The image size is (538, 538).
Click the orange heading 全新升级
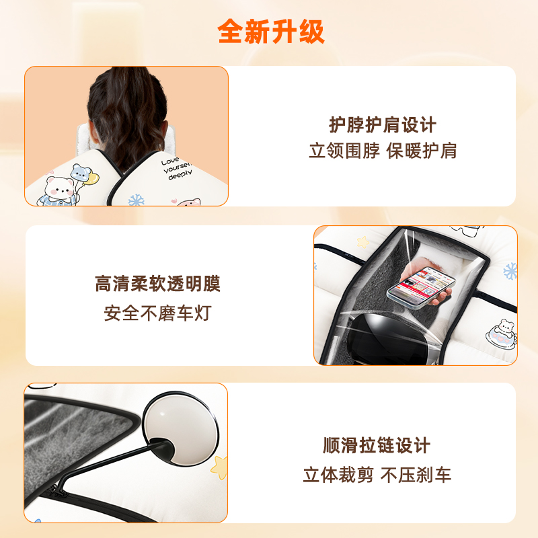(x=271, y=31)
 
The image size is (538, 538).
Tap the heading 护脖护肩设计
(x=383, y=124)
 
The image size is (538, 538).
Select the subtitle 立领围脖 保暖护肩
(x=383, y=151)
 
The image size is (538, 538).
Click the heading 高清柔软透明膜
(x=157, y=283)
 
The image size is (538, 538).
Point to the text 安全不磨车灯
(x=157, y=313)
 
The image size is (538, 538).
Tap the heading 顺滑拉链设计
(x=377, y=445)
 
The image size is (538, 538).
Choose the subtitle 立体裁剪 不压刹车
(x=377, y=475)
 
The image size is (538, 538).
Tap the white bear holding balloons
(x=59, y=191)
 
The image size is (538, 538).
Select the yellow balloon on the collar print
(x=91, y=178)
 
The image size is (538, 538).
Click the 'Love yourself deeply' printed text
(x=177, y=169)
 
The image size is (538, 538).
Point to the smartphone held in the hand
(x=421, y=288)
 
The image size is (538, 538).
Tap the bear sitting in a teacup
(x=502, y=334)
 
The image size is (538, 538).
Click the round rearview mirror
(x=180, y=428)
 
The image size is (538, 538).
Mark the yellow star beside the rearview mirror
(x=220, y=467)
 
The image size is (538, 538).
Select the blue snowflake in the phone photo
(x=510, y=271)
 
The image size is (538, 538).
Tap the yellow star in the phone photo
(x=362, y=242)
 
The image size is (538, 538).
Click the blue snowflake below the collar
(x=137, y=200)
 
